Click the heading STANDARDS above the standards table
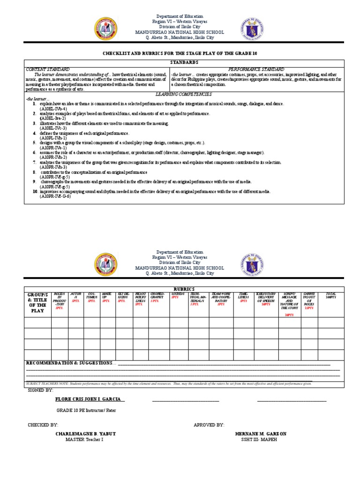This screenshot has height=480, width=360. [184, 62]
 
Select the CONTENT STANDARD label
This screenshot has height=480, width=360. [47, 69]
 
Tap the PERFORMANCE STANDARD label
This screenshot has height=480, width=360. [256, 69]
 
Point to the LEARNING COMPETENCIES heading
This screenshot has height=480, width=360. [184, 94]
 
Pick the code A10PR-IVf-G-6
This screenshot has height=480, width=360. [55, 196]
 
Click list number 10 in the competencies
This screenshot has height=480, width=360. [35, 191]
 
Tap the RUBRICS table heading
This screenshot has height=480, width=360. [184, 289]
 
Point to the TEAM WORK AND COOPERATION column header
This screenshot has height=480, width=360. [221, 298]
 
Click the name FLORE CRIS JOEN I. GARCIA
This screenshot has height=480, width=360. [90, 399]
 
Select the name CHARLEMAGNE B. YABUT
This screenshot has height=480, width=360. [85, 434]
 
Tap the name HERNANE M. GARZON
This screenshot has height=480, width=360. [261, 434]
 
